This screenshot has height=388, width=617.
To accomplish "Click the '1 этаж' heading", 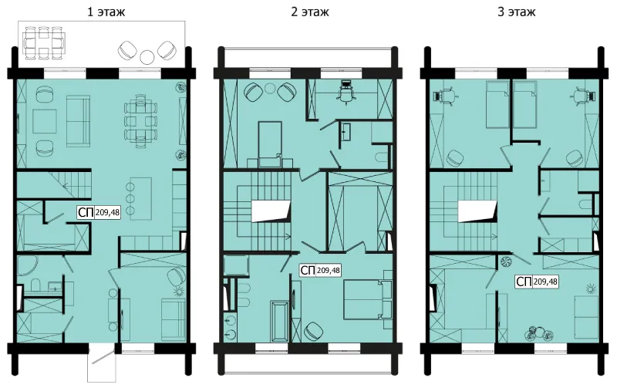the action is pos(106,12).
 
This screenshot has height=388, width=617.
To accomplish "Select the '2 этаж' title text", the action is pos(310,12).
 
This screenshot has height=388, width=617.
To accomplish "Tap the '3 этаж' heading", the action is pos(516,12).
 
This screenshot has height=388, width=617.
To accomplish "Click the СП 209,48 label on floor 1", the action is pos(99,212).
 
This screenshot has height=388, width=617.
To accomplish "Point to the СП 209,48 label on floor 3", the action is pos(537,282).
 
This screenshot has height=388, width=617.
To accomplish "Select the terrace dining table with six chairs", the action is pos(43,42).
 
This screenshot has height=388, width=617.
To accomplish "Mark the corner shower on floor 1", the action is pos(27,266).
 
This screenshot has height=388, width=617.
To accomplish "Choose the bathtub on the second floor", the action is pos(279,322).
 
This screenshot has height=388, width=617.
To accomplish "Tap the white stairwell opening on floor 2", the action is pos(271,211).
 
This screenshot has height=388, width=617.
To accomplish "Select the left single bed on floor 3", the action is pos(497,105).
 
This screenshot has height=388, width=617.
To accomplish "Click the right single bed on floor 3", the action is pos(525,105).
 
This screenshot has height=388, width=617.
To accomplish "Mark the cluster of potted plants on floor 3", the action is pos(538,333).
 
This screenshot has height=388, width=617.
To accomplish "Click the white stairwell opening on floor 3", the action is pos(477,211).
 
